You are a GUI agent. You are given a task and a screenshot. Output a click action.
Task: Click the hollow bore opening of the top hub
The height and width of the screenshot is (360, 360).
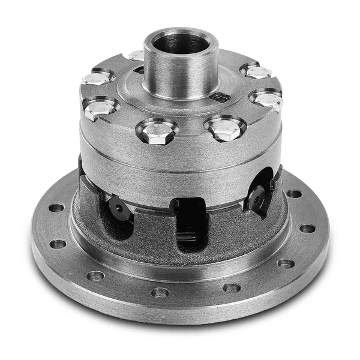click(181, 43)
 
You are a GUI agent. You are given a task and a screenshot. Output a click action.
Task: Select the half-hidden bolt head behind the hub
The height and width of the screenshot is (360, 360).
click(136, 55)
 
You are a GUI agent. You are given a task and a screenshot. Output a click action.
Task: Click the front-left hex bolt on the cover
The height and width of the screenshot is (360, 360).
click(157, 131)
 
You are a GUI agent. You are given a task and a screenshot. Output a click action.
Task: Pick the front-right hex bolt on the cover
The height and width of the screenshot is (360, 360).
click(224, 128)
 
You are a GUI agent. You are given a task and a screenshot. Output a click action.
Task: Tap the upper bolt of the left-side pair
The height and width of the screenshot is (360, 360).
click(98, 77)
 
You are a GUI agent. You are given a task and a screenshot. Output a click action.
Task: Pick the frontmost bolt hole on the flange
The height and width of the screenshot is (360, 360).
click(160, 292)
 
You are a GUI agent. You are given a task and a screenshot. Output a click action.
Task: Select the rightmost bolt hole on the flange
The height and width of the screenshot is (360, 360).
click(307, 229)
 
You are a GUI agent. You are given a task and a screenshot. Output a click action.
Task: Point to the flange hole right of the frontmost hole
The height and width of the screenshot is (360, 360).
click(232, 287)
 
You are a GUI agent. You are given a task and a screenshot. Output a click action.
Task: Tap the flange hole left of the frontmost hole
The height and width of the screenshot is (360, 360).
click(95, 276)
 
